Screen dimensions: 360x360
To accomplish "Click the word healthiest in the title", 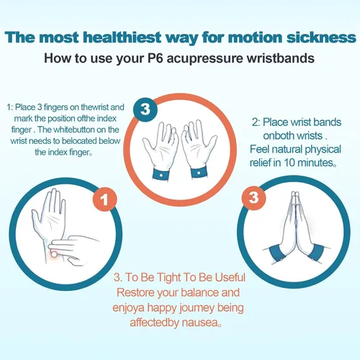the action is (x=122, y=37).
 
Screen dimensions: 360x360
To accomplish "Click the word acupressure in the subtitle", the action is (x=204, y=59).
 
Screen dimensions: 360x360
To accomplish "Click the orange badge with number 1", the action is (x=105, y=199).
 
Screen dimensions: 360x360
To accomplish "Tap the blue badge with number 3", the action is (x=145, y=109).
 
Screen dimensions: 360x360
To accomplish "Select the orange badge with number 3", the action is (x=253, y=198).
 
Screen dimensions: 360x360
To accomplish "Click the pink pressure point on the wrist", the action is (x=55, y=254).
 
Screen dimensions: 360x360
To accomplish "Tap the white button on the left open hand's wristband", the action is (x=161, y=175).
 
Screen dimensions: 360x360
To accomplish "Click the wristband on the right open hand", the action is (x=199, y=172).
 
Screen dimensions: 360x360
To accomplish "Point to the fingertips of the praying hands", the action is (x=295, y=194).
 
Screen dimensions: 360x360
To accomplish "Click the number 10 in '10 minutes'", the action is (x=289, y=163).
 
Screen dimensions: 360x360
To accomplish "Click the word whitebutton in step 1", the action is (x=73, y=130).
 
